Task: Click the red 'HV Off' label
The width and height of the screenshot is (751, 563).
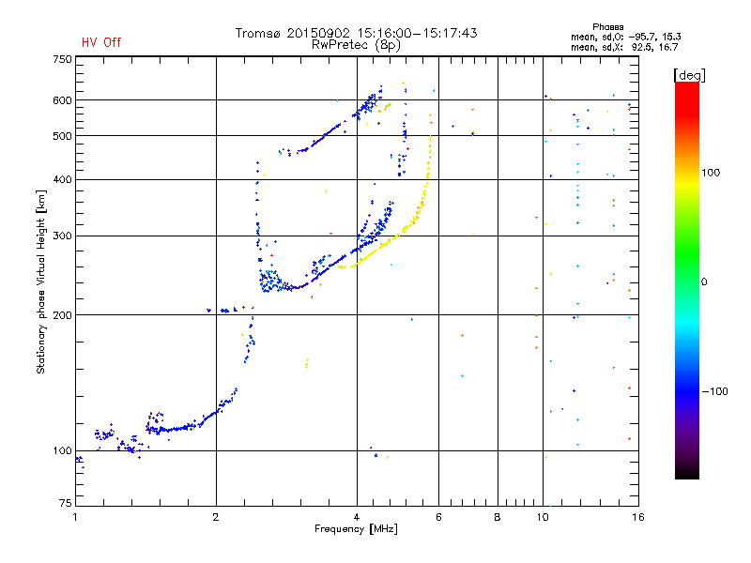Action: tap(100, 42)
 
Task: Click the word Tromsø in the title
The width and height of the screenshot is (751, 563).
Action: tap(258, 33)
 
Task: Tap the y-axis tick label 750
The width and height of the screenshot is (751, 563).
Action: tap(62, 58)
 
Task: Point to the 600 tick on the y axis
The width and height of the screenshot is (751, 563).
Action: tap(62, 99)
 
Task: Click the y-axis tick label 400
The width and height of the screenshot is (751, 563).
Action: tap(62, 179)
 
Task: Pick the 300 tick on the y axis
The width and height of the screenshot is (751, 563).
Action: tap(62, 236)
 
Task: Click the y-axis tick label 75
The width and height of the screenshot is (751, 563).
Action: tap(65, 504)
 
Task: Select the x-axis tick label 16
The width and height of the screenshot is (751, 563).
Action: tap(637, 517)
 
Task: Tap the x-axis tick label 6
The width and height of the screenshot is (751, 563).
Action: tap(438, 517)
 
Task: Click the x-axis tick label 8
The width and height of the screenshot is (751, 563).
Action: tap(498, 517)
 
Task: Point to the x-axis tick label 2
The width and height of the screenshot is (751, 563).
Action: tap(216, 517)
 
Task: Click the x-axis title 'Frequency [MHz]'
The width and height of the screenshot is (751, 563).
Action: tap(356, 530)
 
